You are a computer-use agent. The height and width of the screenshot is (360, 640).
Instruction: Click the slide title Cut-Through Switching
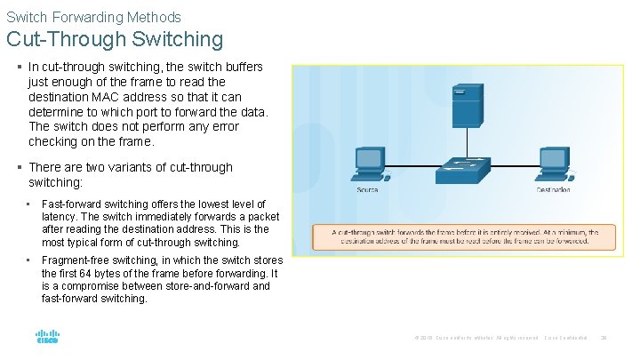point(115,39)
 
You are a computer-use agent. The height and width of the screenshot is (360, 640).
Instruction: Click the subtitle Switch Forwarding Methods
point(93,17)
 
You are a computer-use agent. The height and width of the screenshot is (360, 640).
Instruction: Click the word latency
point(60,217)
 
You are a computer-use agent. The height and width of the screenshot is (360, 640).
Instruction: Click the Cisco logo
point(47,338)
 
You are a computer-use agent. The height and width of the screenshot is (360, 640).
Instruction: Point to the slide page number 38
point(604,338)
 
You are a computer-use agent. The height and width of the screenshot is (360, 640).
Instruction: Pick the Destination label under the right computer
point(554,190)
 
